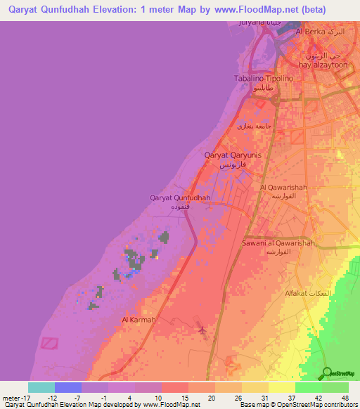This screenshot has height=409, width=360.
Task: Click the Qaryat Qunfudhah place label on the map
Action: (181, 198)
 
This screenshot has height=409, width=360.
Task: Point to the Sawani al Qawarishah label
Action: (277, 243)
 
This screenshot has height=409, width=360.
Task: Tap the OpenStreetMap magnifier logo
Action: (327, 372)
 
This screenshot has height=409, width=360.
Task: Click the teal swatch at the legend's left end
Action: (41, 387)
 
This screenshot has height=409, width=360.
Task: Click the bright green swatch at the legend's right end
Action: (335, 387)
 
